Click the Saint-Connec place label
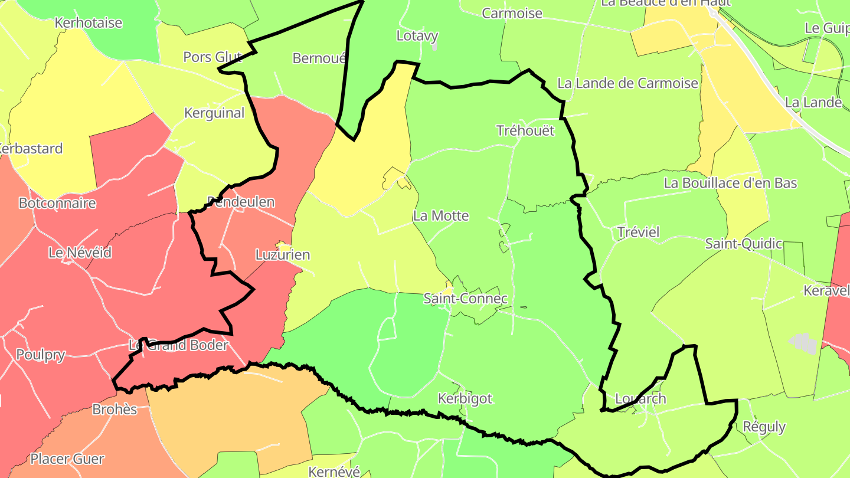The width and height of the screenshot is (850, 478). click(x=466, y=299)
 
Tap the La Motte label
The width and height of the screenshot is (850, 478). click(x=441, y=216)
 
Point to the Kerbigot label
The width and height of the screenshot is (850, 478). click(x=465, y=399)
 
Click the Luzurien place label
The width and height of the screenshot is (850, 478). click(x=283, y=256)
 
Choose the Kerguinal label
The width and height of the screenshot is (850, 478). click(x=214, y=113)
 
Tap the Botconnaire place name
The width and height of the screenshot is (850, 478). click(x=57, y=204)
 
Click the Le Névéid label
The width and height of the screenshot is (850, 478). click(x=80, y=253)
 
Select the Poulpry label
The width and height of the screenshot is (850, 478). click(x=41, y=355)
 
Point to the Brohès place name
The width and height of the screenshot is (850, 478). click(x=115, y=410)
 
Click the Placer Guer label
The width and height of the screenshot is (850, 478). click(x=67, y=459)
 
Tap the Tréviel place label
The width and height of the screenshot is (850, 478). click(x=638, y=232)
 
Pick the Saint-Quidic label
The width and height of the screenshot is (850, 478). click(x=744, y=244)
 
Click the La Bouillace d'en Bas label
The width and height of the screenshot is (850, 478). click(x=731, y=183)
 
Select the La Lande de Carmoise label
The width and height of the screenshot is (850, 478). click(x=628, y=83)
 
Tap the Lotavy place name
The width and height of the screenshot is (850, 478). click(x=417, y=36)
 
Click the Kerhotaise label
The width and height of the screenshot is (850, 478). click(x=88, y=23)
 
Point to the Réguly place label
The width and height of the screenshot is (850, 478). click(x=764, y=427)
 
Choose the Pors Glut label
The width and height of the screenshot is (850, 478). click(x=212, y=57)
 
